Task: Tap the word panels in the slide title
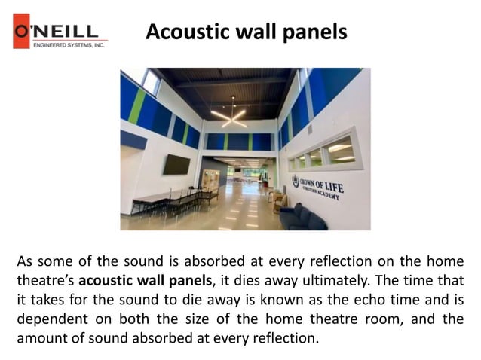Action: point(316,32)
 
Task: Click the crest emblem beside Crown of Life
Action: point(296,182)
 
